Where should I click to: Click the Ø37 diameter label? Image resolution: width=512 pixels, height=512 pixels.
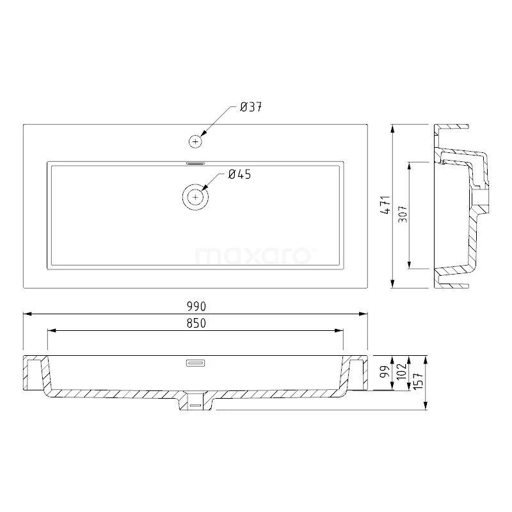(x=251, y=108)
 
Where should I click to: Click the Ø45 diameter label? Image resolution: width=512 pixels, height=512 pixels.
(x=240, y=174)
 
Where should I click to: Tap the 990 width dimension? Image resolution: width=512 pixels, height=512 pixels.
(x=196, y=307)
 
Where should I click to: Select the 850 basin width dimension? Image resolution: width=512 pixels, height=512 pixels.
(x=196, y=323)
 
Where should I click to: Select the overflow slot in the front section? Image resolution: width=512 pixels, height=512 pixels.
(x=195, y=364)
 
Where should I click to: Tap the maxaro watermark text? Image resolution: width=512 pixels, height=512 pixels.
(x=253, y=256)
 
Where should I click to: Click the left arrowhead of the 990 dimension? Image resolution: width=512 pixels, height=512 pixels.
(x=27, y=314)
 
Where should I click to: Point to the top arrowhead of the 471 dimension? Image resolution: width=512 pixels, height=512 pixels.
(x=392, y=128)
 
